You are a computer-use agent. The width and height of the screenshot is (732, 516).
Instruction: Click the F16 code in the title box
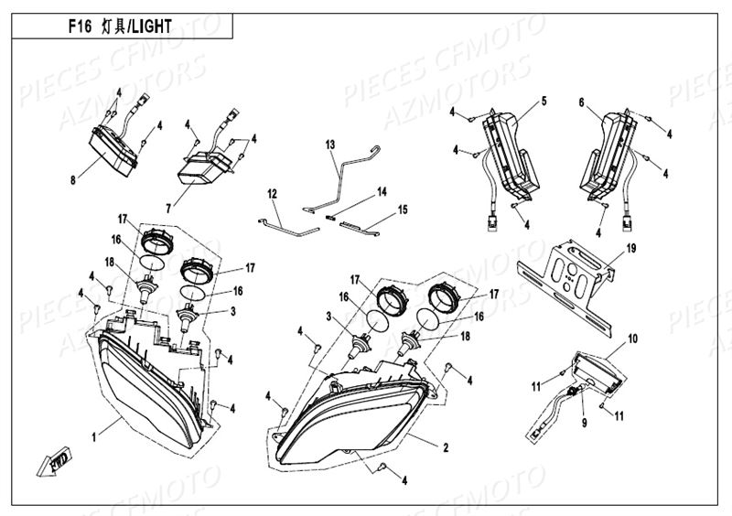click(x=79, y=27)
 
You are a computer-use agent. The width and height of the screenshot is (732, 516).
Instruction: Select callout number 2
click(x=445, y=447)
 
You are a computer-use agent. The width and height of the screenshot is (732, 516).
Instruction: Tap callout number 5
click(x=544, y=100)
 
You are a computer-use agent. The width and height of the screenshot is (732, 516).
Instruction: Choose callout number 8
click(x=72, y=180)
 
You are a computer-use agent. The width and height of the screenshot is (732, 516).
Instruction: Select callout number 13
click(x=330, y=145)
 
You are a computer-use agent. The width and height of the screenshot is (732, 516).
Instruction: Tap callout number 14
click(x=382, y=192)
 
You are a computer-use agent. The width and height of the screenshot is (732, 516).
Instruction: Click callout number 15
click(x=402, y=210)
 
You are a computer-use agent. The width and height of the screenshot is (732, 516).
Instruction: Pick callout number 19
click(x=630, y=248)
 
